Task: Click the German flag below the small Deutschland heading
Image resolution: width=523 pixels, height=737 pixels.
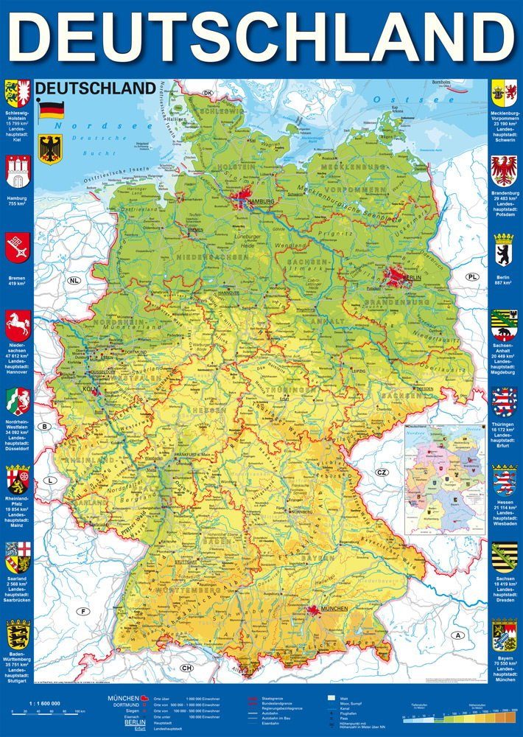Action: [x=51, y=109]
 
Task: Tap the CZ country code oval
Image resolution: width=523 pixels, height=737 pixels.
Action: [x=381, y=472]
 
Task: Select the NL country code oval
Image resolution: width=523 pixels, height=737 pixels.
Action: [x=74, y=281]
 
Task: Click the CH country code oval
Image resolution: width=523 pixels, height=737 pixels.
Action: [x=186, y=667]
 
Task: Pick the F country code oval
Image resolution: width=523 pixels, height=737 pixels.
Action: [x=84, y=611]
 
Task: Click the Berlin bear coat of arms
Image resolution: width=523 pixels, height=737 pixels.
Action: [x=504, y=248]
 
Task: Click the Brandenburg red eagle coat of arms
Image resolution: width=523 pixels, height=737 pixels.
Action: [x=504, y=171]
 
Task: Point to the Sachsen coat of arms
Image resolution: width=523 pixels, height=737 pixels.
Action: [x=504, y=559]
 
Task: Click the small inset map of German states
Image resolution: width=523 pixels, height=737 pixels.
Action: [x=444, y=479]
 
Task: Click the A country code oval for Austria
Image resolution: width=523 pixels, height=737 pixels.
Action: [x=459, y=635]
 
